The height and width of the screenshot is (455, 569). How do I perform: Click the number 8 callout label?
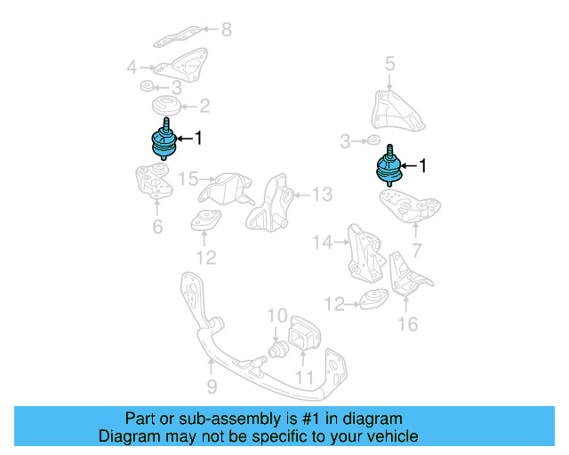coord(226,30)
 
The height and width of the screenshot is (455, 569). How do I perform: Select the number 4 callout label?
coord(132,67)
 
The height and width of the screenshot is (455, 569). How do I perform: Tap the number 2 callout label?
coord(204,107)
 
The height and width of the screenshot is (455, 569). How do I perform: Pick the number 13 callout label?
coord(321,195)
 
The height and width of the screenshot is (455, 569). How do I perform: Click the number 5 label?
coord(389,63)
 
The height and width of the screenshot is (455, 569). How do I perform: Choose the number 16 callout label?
coord(406,323)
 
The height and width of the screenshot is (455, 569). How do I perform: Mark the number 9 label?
coord(212,387)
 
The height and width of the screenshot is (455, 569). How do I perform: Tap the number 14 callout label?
coord(322,241)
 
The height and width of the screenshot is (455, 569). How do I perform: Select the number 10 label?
coord(276,315)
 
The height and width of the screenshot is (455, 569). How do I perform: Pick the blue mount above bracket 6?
coord(160,144)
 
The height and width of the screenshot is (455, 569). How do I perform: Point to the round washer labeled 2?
coord(167,108)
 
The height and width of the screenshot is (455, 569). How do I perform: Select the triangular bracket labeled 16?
coord(406,275)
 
